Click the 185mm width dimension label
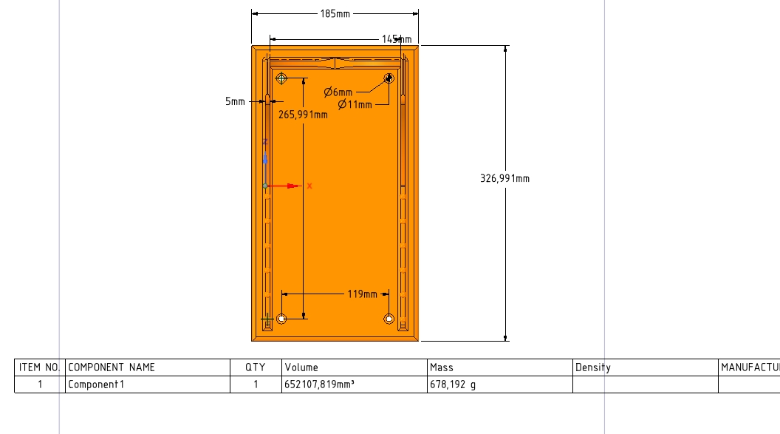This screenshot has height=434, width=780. pyautogui.click(x=335, y=14)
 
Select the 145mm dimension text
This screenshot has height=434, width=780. pyautogui.click(x=397, y=39)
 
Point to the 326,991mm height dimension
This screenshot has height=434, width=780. pyautogui.click(x=505, y=179)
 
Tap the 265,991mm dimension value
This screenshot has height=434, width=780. pyautogui.click(x=303, y=115)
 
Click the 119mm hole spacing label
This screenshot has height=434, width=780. pyautogui.click(x=362, y=294)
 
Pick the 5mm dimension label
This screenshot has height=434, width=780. pyautogui.click(x=236, y=101)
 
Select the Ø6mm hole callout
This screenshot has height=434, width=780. pyautogui.click(x=338, y=92)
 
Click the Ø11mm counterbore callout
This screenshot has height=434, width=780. pyautogui.click(x=355, y=104)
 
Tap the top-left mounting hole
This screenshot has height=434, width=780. pyautogui.click(x=281, y=78)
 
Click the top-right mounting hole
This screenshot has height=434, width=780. pyautogui.click(x=389, y=78)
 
